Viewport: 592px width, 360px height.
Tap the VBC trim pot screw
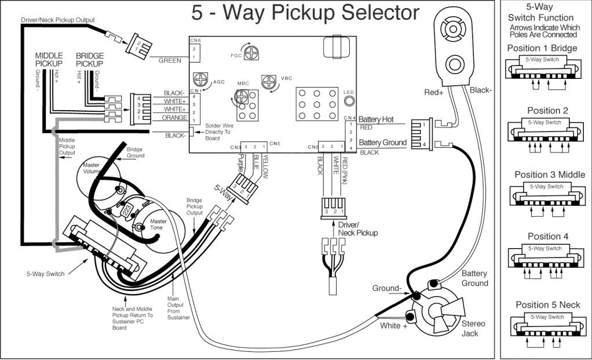pyautogui.click(x=269, y=81)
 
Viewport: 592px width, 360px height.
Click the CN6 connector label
pyautogui.click(x=195, y=40)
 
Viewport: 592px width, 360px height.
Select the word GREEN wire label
pyautogui.click(x=170, y=60)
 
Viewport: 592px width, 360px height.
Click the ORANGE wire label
pyautogui.click(x=174, y=117)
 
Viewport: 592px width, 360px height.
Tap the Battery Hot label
pyautogui.click(x=377, y=119)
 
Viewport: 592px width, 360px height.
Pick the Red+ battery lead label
pyautogui.click(x=435, y=92)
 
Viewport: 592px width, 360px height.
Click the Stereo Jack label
pyautogui.click(x=473, y=329)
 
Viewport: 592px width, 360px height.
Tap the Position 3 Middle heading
pyautogui.click(x=550, y=174)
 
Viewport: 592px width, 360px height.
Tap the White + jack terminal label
pyautogui.click(x=394, y=326)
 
